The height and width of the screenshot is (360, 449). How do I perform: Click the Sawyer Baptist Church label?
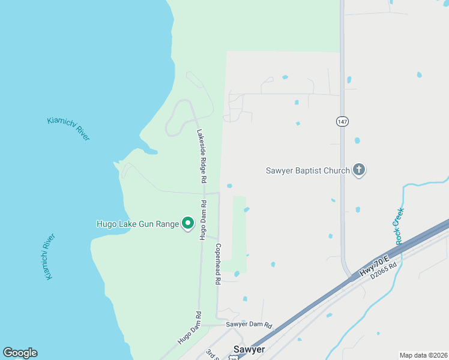coord(307,170)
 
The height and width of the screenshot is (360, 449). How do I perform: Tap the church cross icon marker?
coord(359,170)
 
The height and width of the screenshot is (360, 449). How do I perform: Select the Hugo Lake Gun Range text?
coord(138,224)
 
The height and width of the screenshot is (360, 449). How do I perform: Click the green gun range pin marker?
coord(187,224)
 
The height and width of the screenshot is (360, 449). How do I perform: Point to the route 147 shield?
coord(342,121)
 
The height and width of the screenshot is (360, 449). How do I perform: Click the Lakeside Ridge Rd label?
coord(202,156)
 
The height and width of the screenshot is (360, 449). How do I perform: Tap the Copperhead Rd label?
coord(218,263)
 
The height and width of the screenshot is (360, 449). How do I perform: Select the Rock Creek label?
coord(399,226)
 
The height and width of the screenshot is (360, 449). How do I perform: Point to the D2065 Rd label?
coord(384,271)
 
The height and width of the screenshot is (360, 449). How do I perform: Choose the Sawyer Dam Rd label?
coord(249,325)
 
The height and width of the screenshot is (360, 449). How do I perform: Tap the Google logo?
coord(20,353)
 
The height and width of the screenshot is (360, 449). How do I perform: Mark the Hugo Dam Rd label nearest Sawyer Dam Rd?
coord(187,328)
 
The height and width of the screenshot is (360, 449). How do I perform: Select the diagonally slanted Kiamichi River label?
coord(68,128)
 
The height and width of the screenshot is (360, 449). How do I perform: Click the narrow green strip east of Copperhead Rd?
coord(240,234)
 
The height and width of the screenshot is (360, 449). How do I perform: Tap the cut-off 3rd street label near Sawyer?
coord(211,354)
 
